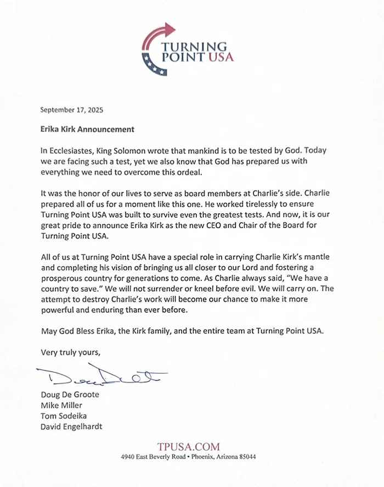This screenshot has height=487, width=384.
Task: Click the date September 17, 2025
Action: [72, 109]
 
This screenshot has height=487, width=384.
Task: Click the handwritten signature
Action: [101, 377]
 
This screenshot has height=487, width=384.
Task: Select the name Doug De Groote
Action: [70, 394]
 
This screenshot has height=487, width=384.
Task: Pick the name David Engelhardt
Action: [72, 427]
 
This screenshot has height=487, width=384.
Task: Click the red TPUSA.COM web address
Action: [188, 446]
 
